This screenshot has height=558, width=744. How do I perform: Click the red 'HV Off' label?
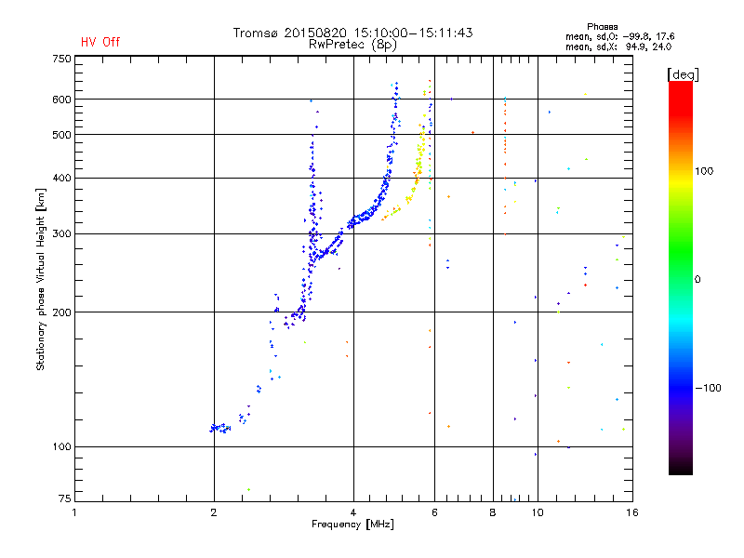click(x=100, y=42)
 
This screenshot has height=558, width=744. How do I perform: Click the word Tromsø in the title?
click(x=258, y=33)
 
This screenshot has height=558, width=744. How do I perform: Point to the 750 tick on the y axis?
click(x=61, y=59)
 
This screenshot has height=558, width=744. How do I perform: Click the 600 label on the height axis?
click(x=61, y=100)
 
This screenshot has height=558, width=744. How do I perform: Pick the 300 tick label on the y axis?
click(x=61, y=233)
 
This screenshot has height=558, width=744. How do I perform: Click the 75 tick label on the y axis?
click(x=64, y=497)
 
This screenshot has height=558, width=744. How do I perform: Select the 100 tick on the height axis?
click(x=61, y=447)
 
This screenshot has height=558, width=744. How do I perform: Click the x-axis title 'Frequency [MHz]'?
click(x=352, y=525)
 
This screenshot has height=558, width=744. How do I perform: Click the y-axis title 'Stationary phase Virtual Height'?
click(x=41, y=279)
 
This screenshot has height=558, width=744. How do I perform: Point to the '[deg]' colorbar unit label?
click(x=683, y=74)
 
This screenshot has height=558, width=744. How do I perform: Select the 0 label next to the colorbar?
click(x=698, y=279)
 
